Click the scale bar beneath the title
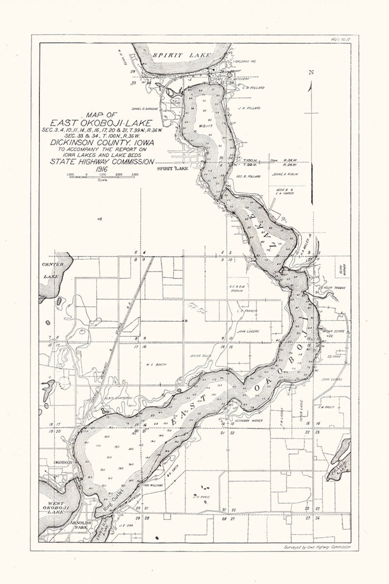(x=103, y=177)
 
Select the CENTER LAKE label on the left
(x=53, y=270)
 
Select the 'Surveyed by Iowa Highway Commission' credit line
(x=317, y=547)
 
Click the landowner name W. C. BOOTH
(x=156, y=364)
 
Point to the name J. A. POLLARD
(x=249, y=108)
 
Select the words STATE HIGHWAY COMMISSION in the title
(x=102, y=162)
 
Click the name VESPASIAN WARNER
(x=249, y=420)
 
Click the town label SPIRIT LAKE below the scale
(x=173, y=168)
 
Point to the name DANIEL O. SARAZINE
(x=145, y=109)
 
